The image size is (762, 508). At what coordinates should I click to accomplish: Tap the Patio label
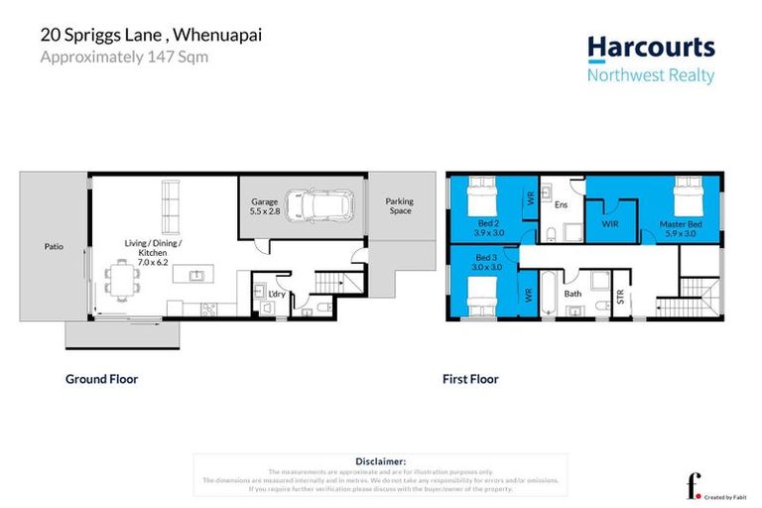pos(54,246)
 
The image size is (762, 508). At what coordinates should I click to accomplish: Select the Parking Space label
pos(399,206)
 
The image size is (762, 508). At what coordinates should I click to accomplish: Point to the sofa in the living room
pos(172,204)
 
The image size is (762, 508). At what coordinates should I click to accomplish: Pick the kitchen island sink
pos(195,275)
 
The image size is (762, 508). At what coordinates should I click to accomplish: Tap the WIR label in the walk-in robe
pos(610,225)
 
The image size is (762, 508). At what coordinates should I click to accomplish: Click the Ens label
pos(561,205)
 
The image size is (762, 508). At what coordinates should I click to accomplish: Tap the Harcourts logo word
pos(651,47)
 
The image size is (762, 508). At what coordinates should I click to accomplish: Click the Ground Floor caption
pos(101,379)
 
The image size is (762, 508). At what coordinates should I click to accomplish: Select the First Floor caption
pos(470,379)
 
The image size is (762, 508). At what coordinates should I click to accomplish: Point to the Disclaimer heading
pos(380,461)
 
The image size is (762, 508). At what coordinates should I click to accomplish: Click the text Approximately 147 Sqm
pos(123,58)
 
